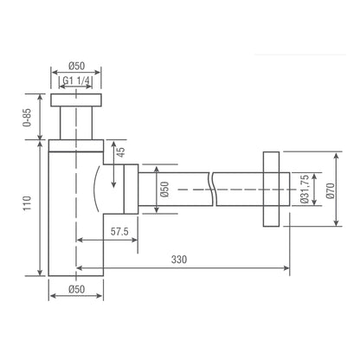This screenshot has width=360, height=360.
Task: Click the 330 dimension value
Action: (x=179, y=260)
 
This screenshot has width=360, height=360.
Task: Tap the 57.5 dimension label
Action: (x=119, y=231)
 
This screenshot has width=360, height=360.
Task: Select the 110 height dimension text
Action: (x=27, y=203)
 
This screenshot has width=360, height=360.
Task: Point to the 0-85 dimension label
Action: (x=27, y=118)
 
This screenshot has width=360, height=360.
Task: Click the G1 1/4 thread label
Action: (x=76, y=80)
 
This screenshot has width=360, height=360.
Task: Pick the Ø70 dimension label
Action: (x=331, y=190)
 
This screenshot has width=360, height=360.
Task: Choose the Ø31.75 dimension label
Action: (x=305, y=189)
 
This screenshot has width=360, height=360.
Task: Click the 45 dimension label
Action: (x=122, y=152)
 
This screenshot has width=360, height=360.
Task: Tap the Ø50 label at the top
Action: (x=77, y=66)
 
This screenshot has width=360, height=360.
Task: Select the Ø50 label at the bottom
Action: (x=77, y=289)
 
